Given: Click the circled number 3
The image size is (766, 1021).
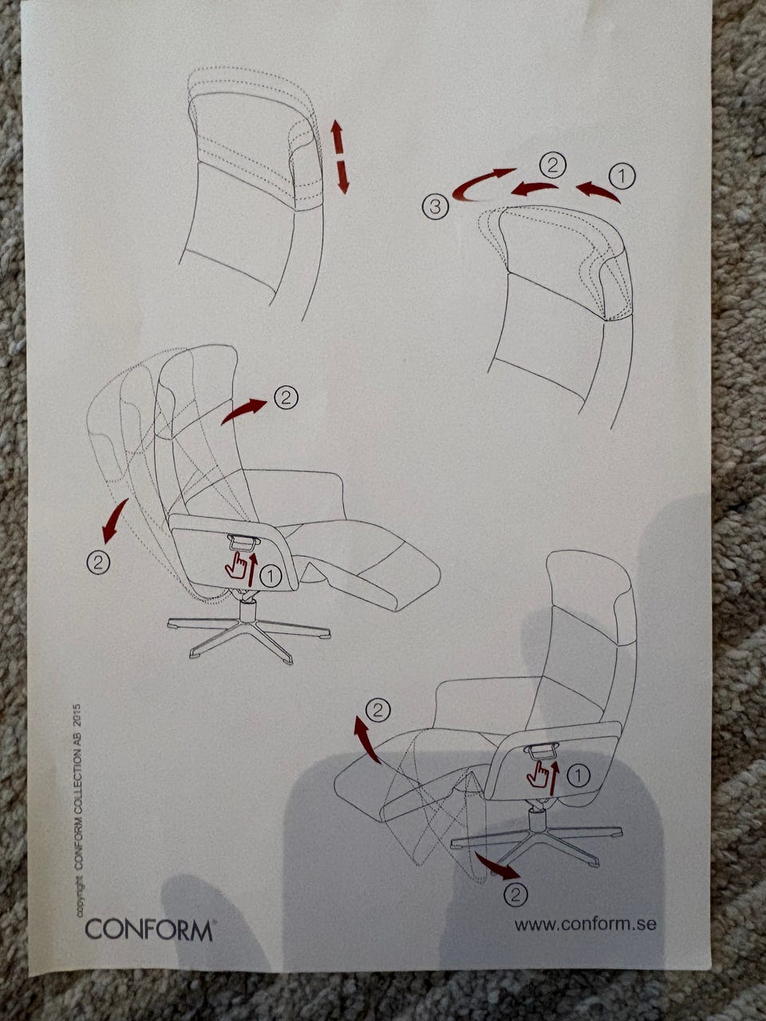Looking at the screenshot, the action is pyautogui.click(x=436, y=207).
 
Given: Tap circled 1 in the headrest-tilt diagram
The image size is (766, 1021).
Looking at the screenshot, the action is pyautogui.click(x=622, y=175).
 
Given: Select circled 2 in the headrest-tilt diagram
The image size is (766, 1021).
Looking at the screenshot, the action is pyautogui.click(x=552, y=165).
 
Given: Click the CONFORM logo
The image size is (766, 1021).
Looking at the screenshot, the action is pyautogui.click(x=149, y=916).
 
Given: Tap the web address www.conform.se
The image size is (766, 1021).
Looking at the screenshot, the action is pyautogui.click(x=585, y=910).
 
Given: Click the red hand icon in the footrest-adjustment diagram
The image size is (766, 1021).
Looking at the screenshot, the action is pyautogui.click(x=538, y=774).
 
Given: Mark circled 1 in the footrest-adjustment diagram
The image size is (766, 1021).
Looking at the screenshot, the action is pyautogui.click(x=578, y=775).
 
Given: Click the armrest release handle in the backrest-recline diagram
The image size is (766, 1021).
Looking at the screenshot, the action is pyautogui.click(x=242, y=541).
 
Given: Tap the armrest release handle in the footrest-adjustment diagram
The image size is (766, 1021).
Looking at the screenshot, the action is pyautogui.click(x=541, y=748).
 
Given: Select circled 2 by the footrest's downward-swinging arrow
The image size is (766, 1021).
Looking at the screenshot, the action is pyautogui.click(x=515, y=894).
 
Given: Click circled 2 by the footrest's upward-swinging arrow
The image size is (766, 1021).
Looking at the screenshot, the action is pyautogui.click(x=377, y=710).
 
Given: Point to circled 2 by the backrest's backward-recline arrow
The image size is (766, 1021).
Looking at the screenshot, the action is pyautogui.click(x=97, y=563).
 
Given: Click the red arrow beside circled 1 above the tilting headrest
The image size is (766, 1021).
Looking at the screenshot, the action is pyautogui.click(x=598, y=191).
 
